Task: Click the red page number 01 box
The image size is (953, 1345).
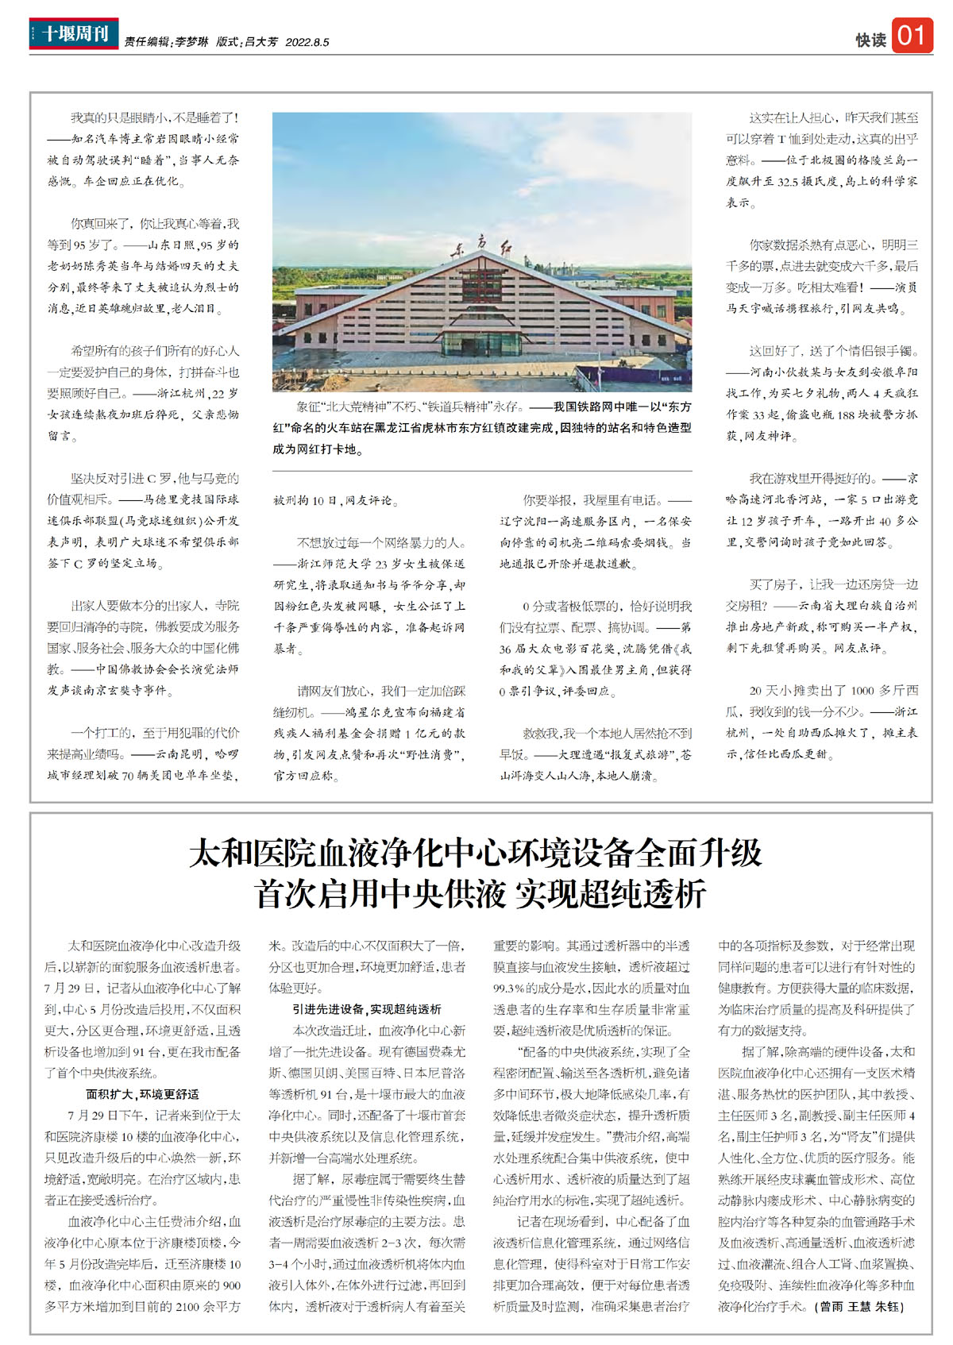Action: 911,35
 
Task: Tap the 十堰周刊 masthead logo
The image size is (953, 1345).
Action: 74,34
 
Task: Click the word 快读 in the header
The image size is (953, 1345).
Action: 870,40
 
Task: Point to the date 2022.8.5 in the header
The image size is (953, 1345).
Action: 307,42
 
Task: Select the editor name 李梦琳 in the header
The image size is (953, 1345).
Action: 191,42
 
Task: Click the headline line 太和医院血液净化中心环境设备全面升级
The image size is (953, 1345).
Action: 476,854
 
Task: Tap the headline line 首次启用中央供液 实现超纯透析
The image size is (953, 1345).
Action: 480,894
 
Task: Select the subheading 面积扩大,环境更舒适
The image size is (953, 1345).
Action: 143,1094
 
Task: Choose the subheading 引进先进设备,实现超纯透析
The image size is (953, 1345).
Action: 367,1009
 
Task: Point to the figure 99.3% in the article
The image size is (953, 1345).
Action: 508,989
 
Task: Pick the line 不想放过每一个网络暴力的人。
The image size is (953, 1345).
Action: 380,543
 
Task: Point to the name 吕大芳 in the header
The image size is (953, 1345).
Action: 261,42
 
